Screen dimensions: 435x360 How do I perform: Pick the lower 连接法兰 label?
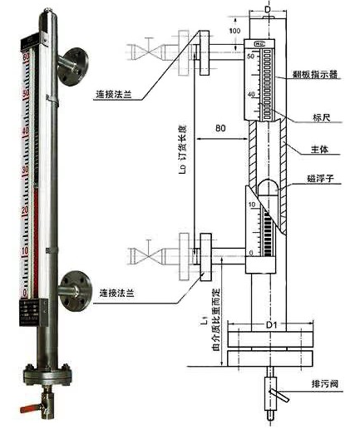click(x=116, y=294)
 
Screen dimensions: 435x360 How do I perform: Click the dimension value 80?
click(x=221, y=129)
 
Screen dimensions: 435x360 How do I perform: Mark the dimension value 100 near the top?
click(x=235, y=31)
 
